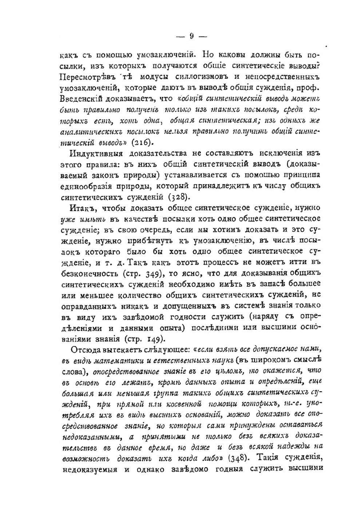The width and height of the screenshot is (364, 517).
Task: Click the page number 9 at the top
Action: [191, 36]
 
